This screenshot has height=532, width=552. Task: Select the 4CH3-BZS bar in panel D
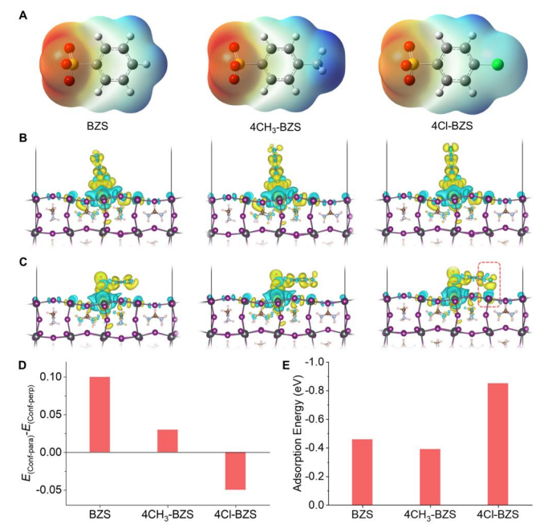coord(145,441)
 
